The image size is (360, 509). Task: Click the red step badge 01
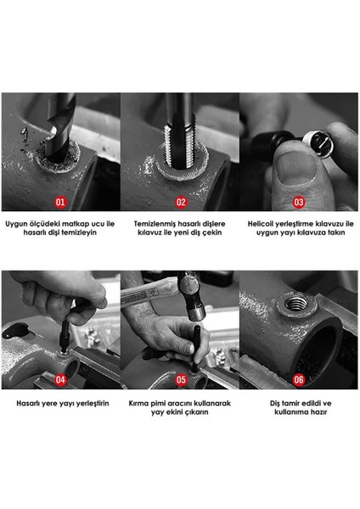click(60, 202)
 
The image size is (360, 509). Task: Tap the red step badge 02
click(181, 202)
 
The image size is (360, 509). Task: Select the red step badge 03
click(298, 202)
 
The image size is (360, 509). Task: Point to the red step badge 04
click(60, 380)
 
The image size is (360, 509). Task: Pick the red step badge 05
click(181, 380)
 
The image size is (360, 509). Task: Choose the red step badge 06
click(298, 380)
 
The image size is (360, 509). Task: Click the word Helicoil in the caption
click(260, 224)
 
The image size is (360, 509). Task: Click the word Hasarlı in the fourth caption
click(27, 404)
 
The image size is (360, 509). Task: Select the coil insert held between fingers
click(318, 142)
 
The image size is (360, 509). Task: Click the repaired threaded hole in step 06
click(295, 305)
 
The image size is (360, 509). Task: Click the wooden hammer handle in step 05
click(149, 293)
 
